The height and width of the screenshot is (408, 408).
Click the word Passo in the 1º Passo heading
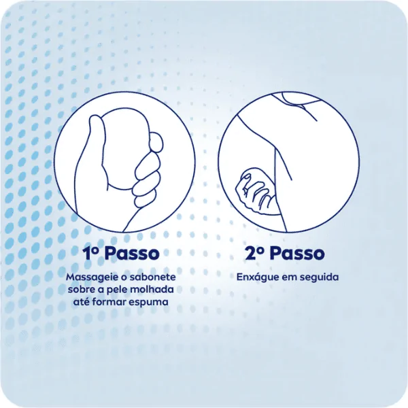coord(132,253)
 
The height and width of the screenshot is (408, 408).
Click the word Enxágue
coord(256,277)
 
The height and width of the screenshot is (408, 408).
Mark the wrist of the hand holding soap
coord(109,218)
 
